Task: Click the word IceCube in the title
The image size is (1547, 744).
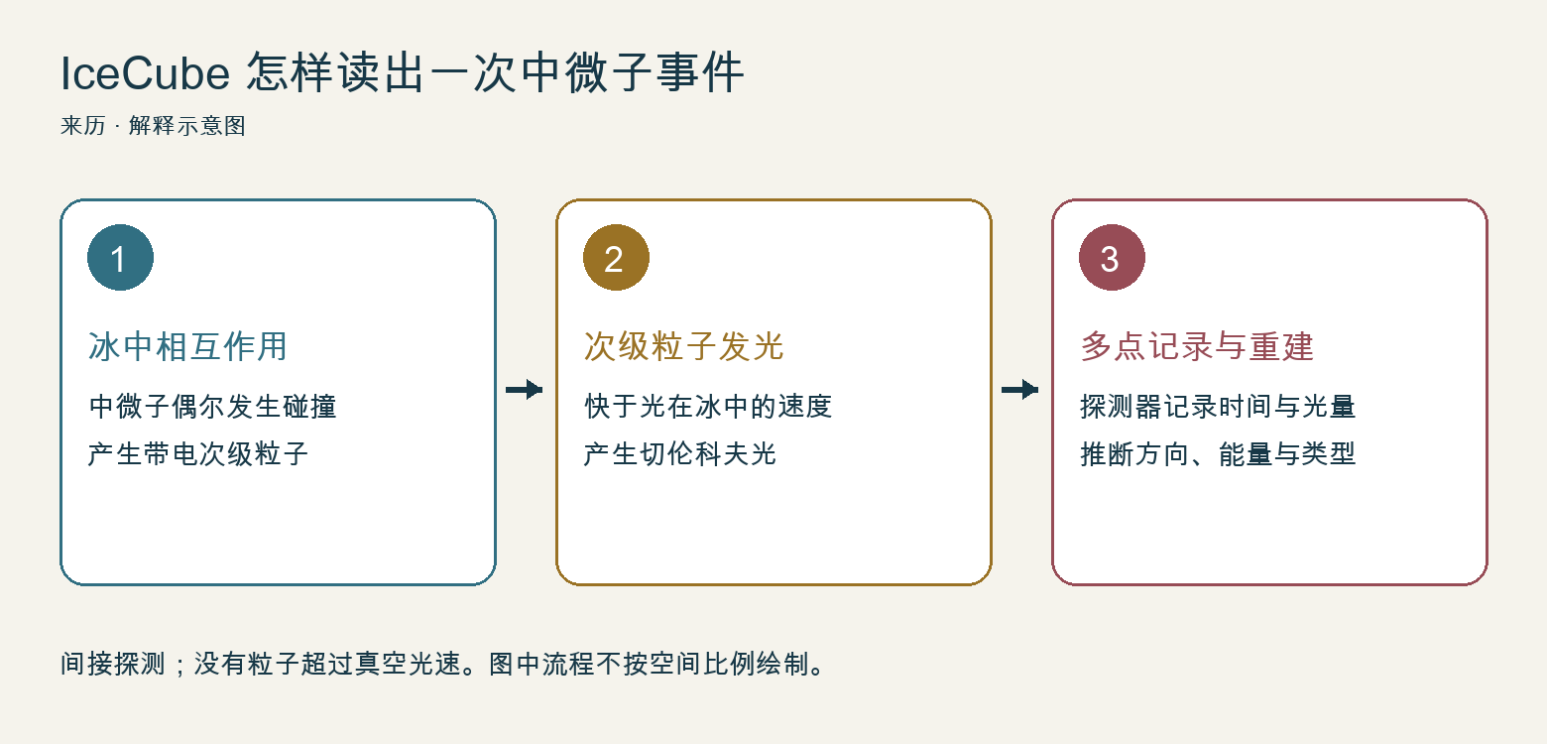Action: tap(145, 73)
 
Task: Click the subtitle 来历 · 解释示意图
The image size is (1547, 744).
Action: tap(154, 126)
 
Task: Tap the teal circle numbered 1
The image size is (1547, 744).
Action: tap(120, 258)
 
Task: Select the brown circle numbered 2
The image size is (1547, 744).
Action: tap(616, 258)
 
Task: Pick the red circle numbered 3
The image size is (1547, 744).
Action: tap(1112, 258)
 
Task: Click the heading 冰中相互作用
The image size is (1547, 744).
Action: tap(187, 346)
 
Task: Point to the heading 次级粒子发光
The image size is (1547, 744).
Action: tap(683, 346)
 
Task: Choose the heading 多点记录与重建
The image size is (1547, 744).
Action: tap(1197, 346)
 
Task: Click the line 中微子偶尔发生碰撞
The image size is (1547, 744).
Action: tap(212, 406)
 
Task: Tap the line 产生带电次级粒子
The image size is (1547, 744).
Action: tap(198, 454)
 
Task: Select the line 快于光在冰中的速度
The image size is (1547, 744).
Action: tap(708, 406)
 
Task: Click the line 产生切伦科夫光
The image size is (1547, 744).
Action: tap(680, 454)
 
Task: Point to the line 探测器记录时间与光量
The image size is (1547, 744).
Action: tap(1218, 406)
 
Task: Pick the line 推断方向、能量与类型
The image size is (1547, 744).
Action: tap(1218, 454)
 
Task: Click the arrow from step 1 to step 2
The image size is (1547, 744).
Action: tap(525, 390)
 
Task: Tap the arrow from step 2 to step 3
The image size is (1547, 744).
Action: tap(1020, 390)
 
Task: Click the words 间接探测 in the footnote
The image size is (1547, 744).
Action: tap(113, 664)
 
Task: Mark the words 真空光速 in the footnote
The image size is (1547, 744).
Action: tap(408, 664)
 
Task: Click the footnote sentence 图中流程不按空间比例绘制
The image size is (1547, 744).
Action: tap(650, 664)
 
